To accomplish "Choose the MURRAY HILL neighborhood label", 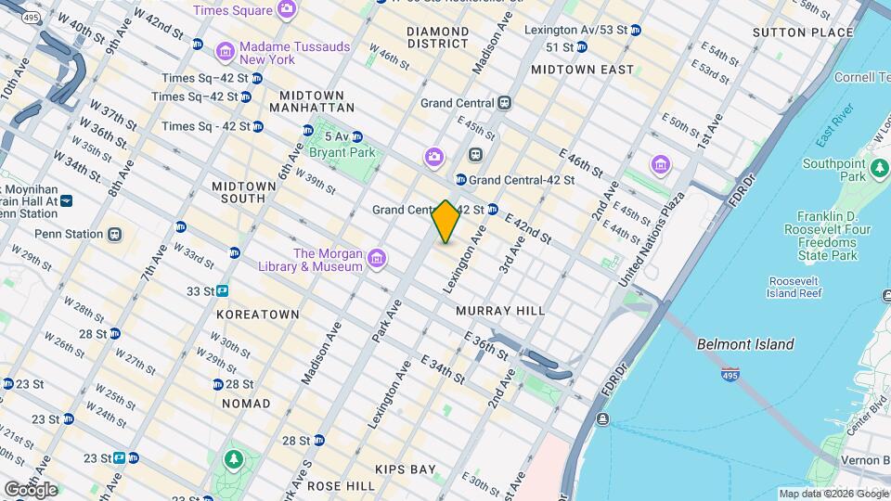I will coord(500,311).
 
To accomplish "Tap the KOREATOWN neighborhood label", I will coord(257,315).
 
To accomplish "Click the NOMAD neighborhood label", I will coord(246,404).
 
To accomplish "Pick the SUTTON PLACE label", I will coord(803,32).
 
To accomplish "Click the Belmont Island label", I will coord(745,344).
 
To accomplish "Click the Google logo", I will coord(30,489).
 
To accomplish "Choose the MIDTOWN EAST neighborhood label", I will coord(582,70).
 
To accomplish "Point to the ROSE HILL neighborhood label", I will coord(341,485).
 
